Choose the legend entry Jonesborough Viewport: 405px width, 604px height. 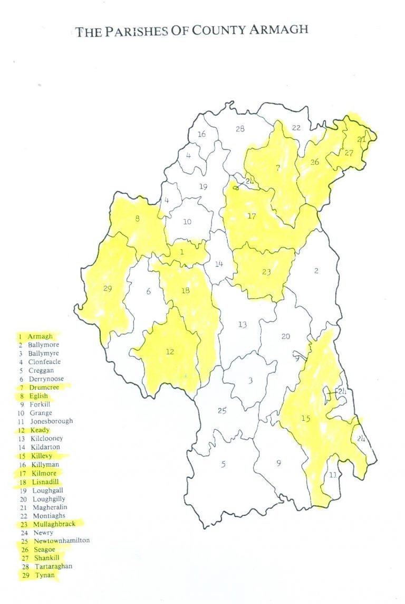tap(50, 421)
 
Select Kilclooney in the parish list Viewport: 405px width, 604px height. tap(47, 438)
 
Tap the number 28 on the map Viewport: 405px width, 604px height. tap(240, 128)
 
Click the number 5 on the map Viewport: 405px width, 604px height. tap(223, 464)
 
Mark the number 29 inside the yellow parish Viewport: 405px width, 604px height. tap(108, 290)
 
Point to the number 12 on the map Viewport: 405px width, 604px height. tap(170, 351)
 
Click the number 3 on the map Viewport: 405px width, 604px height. tap(250, 381)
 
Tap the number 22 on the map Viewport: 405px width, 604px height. tap(296, 127)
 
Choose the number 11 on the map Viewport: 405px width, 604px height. tap(332, 475)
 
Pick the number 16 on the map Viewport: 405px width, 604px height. tap(201, 134)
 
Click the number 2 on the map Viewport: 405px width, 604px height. tap(316, 271)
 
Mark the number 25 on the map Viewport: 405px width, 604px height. tap(222, 411)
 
